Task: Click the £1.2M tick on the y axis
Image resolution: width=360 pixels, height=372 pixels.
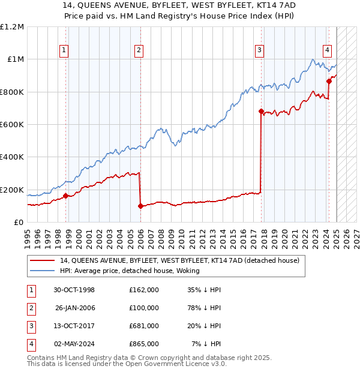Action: (x=12, y=27)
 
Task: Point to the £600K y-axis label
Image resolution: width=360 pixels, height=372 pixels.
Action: (x=12, y=125)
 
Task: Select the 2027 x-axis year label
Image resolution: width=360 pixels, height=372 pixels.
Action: (x=356, y=233)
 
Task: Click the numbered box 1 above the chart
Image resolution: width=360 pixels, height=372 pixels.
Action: (x=64, y=50)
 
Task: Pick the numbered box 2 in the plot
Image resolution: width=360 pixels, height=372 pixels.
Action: (x=139, y=50)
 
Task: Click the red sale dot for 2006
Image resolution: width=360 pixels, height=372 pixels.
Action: (x=140, y=206)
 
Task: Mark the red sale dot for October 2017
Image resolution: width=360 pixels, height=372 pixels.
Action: (x=261, y=111)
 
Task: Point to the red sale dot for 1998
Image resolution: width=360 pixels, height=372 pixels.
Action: (x=65, y=196)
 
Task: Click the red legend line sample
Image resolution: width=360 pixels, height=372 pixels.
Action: (x=42, y=260)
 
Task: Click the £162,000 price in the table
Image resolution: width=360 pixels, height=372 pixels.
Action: (x=143, y=290)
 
